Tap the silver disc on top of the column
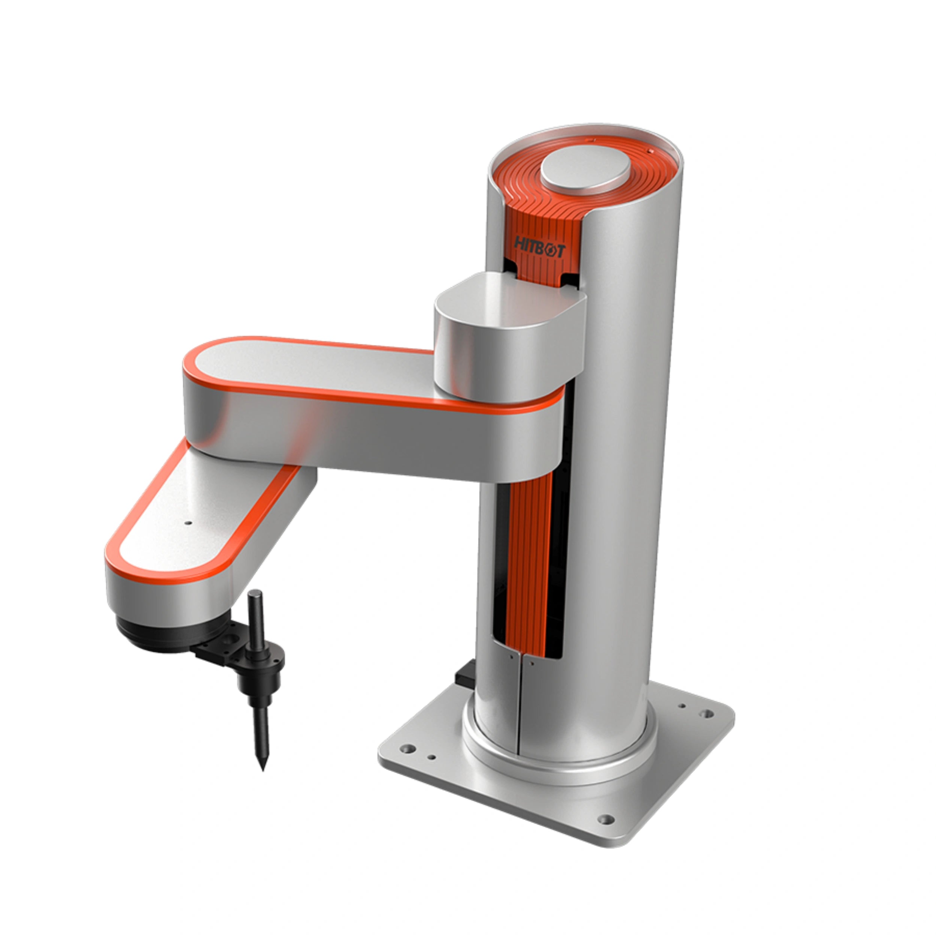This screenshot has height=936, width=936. [585, 170]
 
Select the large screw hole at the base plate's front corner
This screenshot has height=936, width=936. [605, 820]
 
